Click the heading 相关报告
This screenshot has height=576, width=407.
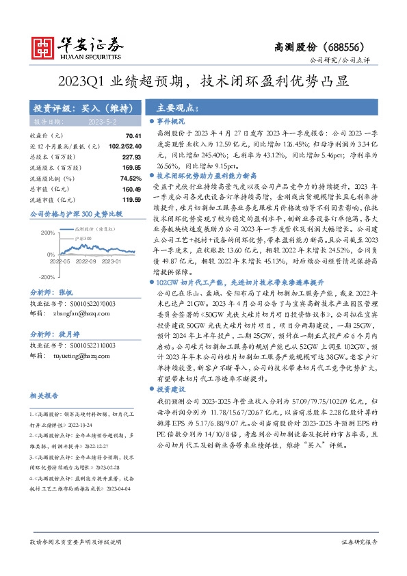pyautogui.click(x=44, y=395)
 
